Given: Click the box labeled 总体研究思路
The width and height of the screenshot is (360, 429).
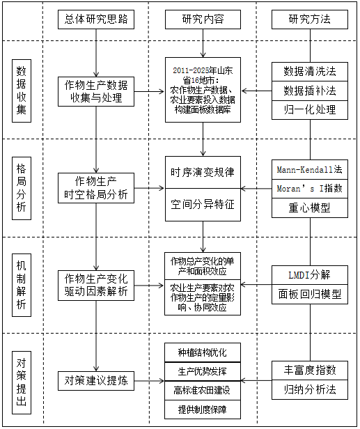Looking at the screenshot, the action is tap(96, 19).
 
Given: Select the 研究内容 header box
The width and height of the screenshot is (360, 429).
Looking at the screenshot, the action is tap(203, 19).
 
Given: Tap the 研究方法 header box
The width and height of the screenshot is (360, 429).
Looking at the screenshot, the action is tap(310, 19).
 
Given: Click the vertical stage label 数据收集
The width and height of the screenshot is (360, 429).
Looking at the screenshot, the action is tap(22, 91).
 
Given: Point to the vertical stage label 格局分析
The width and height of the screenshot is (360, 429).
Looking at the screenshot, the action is tap(22, 188).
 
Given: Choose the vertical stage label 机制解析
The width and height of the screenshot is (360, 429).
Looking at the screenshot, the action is tap(22, 285).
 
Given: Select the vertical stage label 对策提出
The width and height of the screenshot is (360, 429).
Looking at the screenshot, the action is tap(22, 382).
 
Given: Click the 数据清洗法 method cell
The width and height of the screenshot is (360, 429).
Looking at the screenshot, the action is tap(310, 72).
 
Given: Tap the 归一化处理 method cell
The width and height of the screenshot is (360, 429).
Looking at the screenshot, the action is tap(310, 110).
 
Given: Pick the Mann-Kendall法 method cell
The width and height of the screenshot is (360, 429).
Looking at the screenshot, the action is tap(310, 170).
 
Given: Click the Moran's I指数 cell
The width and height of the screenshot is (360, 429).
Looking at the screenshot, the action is tap(310, 189).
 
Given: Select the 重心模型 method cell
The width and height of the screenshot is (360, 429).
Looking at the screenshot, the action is tap(310, 208).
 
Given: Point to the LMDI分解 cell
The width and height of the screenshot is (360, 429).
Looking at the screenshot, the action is tap(310, 275).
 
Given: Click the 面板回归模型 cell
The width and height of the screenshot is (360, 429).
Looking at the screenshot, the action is tap(310, 295).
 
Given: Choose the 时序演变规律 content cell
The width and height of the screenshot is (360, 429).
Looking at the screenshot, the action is tap(203, 173).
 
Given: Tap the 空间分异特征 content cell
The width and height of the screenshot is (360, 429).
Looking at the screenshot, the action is tap(203, 205).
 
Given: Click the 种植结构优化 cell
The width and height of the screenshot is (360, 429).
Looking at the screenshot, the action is tap(203, 352).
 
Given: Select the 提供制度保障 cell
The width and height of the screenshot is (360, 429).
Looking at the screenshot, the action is tap(203, 409).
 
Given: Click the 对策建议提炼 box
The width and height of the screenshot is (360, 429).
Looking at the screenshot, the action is tap(96, 381).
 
